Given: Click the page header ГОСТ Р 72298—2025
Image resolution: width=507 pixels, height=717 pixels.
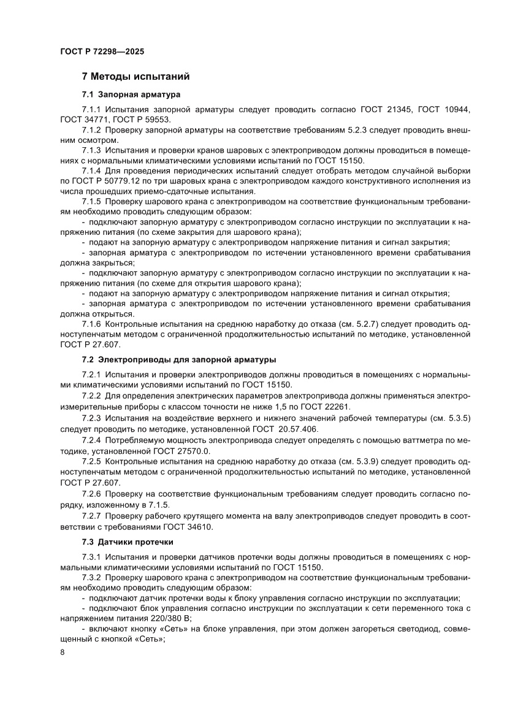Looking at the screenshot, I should [x=102, y=52].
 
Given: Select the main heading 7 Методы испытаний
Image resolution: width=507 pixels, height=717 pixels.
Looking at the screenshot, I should [x=135, y=77].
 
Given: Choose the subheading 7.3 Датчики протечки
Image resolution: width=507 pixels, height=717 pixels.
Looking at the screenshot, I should [x=128, y=542].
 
